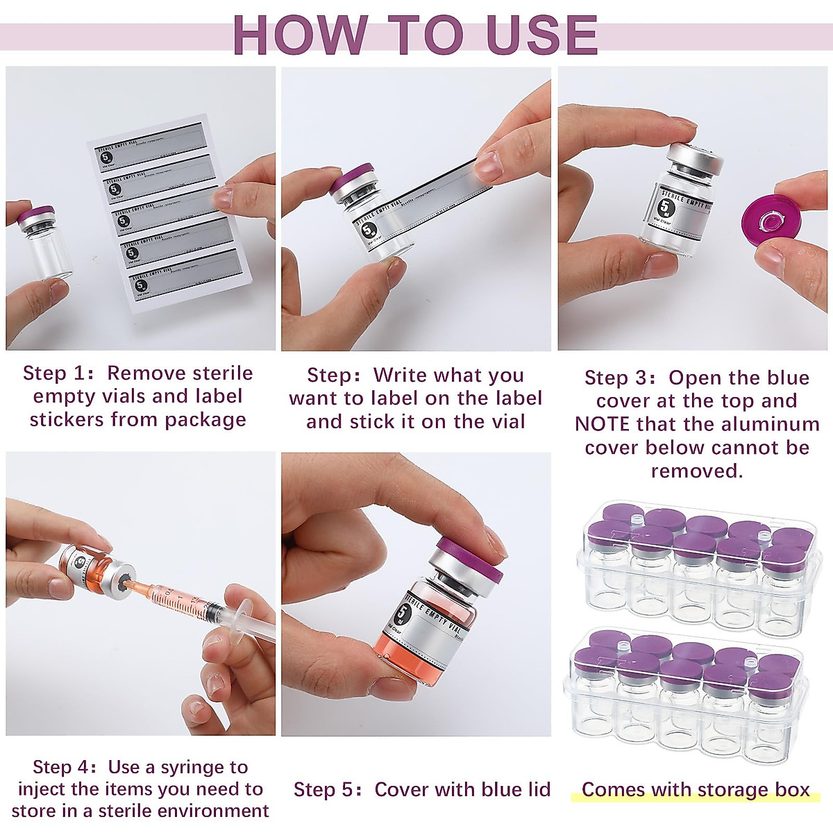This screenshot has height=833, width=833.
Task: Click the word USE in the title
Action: point(541,35)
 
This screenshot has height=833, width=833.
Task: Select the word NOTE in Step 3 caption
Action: point(602,424)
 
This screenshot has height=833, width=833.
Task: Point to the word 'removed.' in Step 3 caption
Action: point(696,471)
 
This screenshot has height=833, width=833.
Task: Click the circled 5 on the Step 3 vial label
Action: point(667,207)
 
